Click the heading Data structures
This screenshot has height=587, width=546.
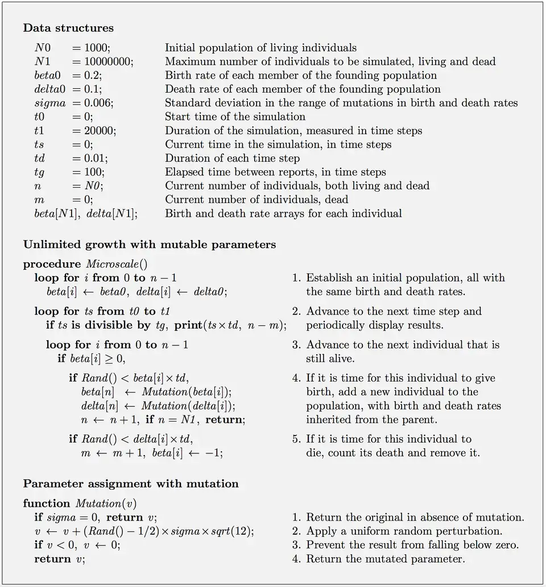point(68,28)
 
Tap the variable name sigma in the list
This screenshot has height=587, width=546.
point(49,103)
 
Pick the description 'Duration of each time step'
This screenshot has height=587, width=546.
point(232,158)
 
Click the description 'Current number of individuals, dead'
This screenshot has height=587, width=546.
point(257,200)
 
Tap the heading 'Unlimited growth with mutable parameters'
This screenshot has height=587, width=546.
point(149,245)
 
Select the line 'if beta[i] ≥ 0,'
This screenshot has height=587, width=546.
point(91,359)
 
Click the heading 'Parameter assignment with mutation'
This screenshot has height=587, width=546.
point(130,484)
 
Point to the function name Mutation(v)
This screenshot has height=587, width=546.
point(105,504)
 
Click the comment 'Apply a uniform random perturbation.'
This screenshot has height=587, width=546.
point(404,531)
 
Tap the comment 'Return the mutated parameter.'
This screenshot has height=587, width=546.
point(385,559)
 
